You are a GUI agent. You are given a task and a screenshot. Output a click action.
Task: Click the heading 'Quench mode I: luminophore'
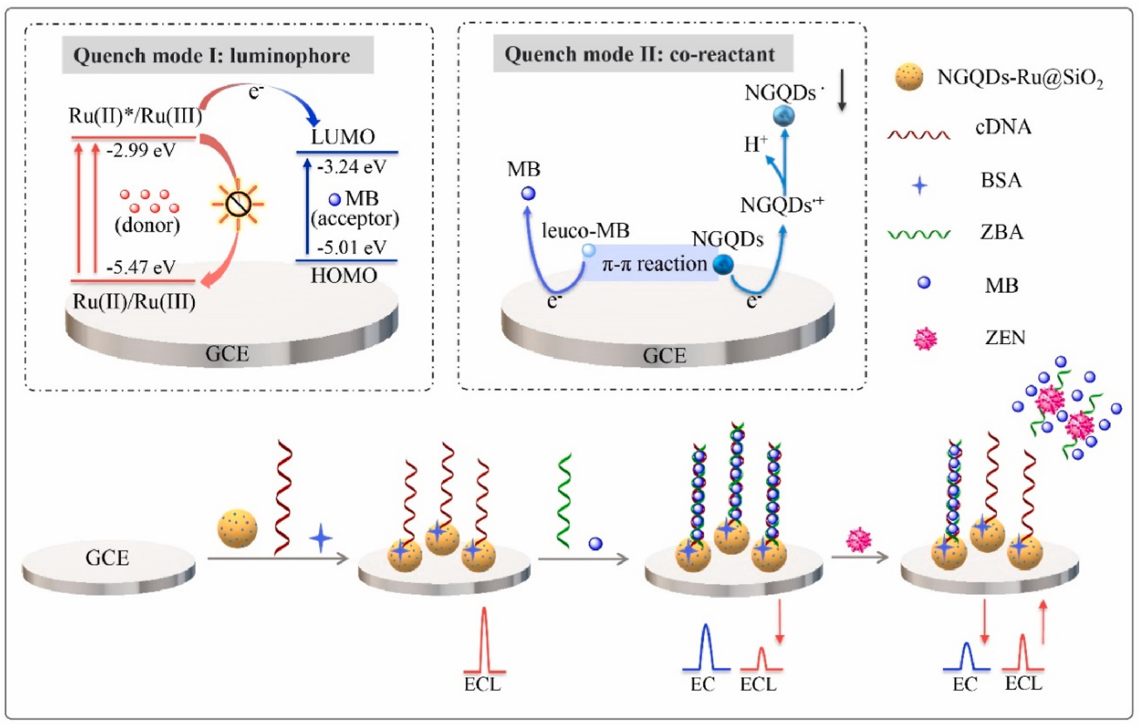pyautogui.click(x=212, y=56)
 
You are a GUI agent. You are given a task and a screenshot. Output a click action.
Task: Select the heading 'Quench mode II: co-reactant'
pyautogui.click(x=640, y=54)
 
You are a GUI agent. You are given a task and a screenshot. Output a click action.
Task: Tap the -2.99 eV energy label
pyautogui.click(x=141, y=151)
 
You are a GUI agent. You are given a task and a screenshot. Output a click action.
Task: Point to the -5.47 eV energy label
pyautogui.click(x=141, y=268)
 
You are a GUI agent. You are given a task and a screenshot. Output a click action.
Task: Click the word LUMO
pyautogui.click(x=343, y=137)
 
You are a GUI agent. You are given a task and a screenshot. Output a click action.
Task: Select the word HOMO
pyautogui.click(x=344, y=276)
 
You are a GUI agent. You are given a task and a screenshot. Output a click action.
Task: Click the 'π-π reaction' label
pyautogui.click(x=654, y=264)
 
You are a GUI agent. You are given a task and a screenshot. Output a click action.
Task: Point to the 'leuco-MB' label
pyautogui.click(x=585, y=231)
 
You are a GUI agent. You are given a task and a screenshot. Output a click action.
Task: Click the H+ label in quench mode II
pyautogui.click(x=755, y=145)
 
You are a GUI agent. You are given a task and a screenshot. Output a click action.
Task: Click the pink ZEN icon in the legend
pyautogui.click(x=925, y=338)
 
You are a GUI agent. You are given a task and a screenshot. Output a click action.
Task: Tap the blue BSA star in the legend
pyautogui.click(x=920, y=185)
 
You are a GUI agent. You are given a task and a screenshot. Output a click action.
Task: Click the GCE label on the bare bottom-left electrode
pyautogui.click(x=107, y=558)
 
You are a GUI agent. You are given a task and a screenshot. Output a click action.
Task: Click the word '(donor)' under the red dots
pyautogui.click(x=147, y=225)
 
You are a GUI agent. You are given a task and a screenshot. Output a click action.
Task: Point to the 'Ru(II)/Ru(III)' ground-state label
pyautogui.click(x=134, y=302)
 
